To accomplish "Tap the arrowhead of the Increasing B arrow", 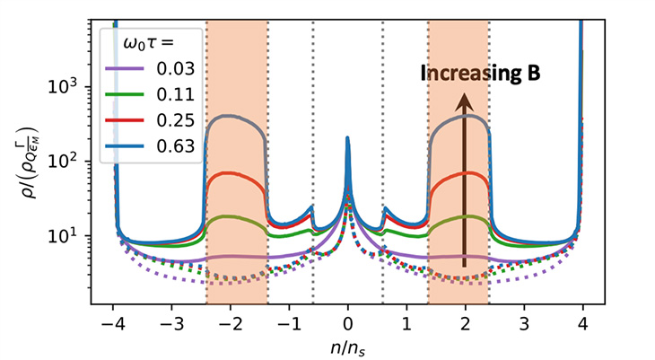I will tap(464, 102).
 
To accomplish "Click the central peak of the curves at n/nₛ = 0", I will tap(348, 139).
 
